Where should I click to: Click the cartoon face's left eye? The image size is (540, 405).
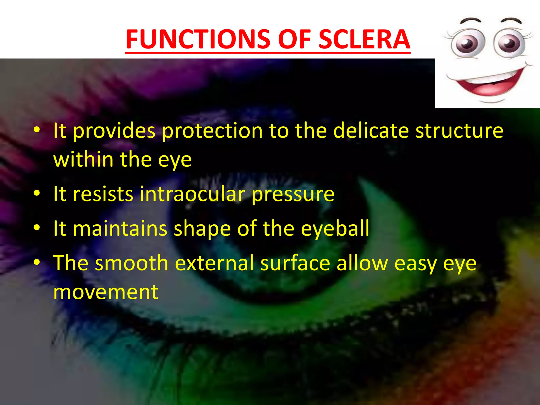[467, 43]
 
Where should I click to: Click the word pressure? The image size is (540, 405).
[293, 194]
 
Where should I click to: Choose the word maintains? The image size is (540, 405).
[120, 228]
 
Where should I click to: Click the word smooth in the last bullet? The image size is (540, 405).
[132, 263]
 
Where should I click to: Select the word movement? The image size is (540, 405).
[106, 292]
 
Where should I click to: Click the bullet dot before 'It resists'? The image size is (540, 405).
[37, 193]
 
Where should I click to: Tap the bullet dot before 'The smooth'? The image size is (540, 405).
[37, 262]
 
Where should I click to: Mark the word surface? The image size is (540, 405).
[295, 263]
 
